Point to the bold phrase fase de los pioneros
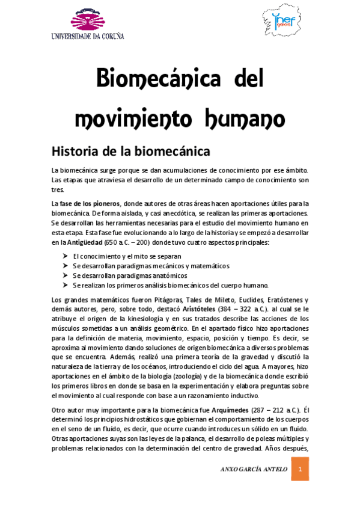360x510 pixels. click(90, 203)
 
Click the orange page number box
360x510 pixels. click(301, 469)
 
